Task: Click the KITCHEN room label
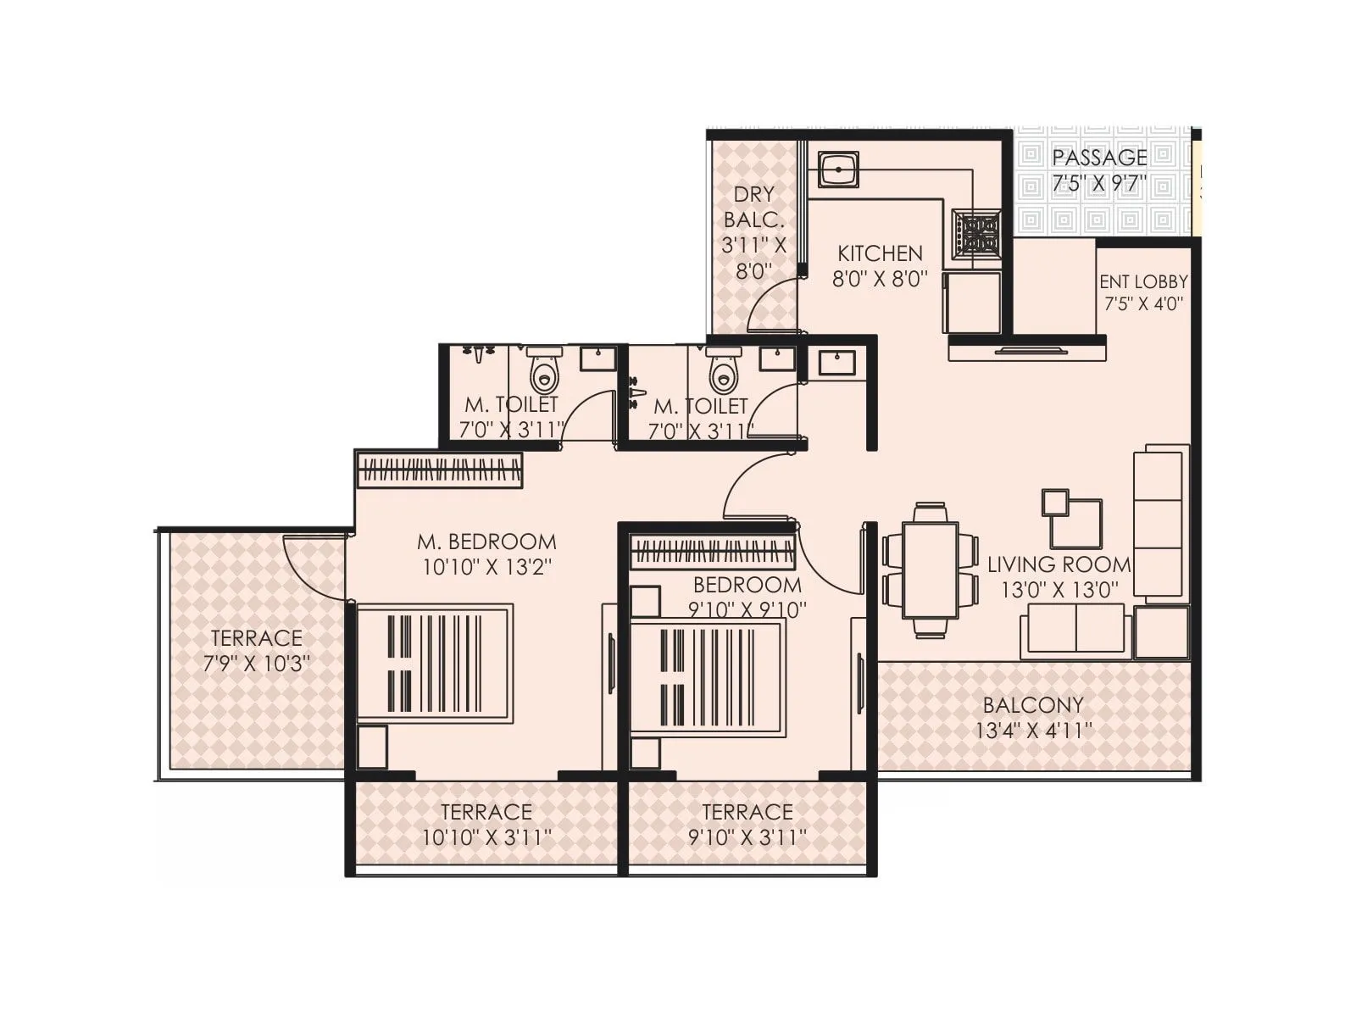[x=880, y=253]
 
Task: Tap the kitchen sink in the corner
[x=838, y=170]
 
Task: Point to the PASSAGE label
[x=1099, y=158]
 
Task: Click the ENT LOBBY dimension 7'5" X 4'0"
[x=1143, y=304]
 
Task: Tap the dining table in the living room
[x=930, y=570]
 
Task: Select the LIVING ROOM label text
[x=1059, y=564]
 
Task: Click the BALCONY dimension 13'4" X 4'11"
[x=1033, y=731]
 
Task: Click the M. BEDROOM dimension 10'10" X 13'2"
[x=487, y=567]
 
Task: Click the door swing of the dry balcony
[x=772, y=306]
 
